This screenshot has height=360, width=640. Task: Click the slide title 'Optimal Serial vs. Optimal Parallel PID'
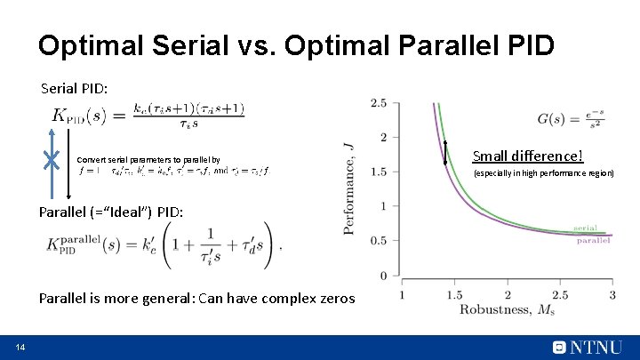pyautogui.click(x=296, y=45)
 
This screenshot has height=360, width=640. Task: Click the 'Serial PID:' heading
pyautogui.click(x=75, y=89)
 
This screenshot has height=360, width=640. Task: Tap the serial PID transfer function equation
pyautogui.click(x=148, y=116)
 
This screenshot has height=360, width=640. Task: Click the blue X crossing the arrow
pyautogui.click(x=52, y=160)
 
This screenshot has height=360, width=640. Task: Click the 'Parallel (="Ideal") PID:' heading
pyautogui.click(x=111, y=212)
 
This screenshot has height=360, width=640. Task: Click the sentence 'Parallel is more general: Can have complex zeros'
pyautogui.click(x=196, y=299)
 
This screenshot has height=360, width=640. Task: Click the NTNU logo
pyautogui.click(x=587, y=347)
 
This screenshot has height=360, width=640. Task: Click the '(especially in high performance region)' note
pyautogui.click(x=543, y=173)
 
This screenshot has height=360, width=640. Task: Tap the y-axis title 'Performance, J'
pyautogui.click(x=349, y=187)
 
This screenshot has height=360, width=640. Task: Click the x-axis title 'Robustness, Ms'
pyautogui.click(x=508, y=309)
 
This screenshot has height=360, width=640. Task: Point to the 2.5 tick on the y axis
pyautogui.click(x=379, y=103)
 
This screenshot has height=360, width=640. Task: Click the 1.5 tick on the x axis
pyautogui.click(x=454, y=294)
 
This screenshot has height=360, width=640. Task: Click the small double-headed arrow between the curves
pyautogui.click(x=445, y=154)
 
